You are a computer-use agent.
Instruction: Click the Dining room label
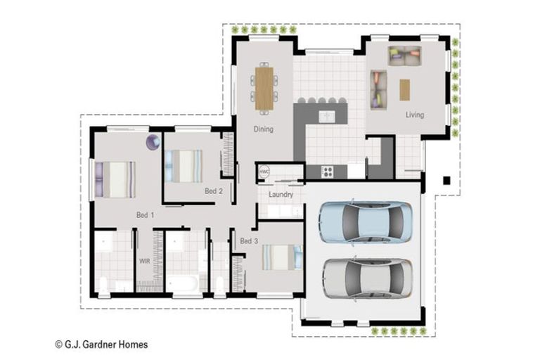[264, 129]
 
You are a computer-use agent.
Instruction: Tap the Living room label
[414, 115]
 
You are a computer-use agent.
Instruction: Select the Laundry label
[281, 194]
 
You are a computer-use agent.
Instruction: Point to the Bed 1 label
[146, 214]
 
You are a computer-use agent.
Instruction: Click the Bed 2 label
[214, 191]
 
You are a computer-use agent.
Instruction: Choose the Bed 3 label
[249, 241]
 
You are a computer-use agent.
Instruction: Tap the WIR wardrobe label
[144, 261]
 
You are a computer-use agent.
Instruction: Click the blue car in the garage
[366, 222]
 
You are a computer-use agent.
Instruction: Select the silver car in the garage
[367, 276]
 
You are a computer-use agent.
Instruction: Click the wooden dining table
[264, 88]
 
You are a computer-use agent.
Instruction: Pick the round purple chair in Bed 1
[153, 143]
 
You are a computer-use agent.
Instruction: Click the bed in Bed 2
[184, 166]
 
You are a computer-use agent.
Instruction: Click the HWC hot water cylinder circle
[264, 172]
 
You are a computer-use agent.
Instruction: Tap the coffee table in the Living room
[404, 89]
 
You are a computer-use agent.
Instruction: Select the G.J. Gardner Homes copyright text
[101, 345]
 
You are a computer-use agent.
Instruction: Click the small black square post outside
[446, 180]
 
